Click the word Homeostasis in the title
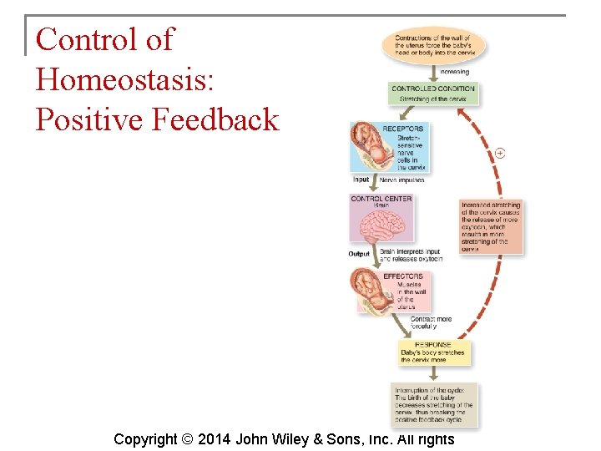tap(125, 79)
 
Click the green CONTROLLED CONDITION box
tap(434, 93)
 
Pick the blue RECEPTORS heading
tap(403, 129)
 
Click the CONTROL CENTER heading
tap(381, 199)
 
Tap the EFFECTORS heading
tap(403, 276)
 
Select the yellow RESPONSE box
tap(433, 352)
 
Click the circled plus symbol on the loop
tap(500, 153)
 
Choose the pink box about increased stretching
tap(492, 226)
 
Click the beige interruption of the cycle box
tap(434, 405)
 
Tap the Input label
tap(361, 180)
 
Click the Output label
tap(359, 254)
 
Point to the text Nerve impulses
tap(402, 180)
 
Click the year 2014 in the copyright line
tap(214, 438)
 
